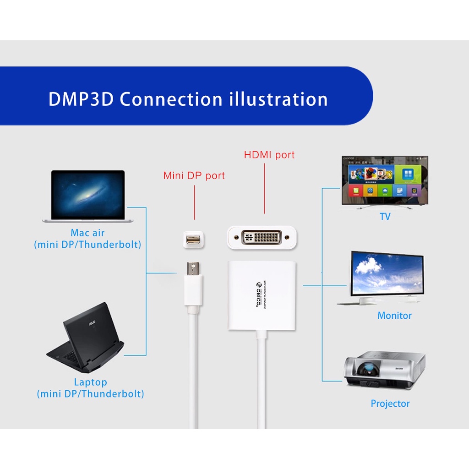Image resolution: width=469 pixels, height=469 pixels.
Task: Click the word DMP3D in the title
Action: coord(81,99)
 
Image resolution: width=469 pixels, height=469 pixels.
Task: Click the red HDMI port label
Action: coord(269,155)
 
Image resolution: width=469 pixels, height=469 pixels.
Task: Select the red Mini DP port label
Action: coord(194,175)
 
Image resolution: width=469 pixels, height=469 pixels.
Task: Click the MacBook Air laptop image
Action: coord(87,196)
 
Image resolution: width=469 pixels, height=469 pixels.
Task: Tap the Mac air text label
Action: coord(87,233)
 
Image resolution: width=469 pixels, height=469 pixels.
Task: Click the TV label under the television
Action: coord(385,217)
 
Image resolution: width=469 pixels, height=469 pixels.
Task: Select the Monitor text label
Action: coord(394,316)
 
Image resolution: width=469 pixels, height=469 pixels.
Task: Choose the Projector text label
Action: coord(390,404)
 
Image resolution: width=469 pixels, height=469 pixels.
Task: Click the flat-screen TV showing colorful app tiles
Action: coord(385,181)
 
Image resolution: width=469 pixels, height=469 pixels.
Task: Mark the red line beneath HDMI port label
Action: coord(265,188)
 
